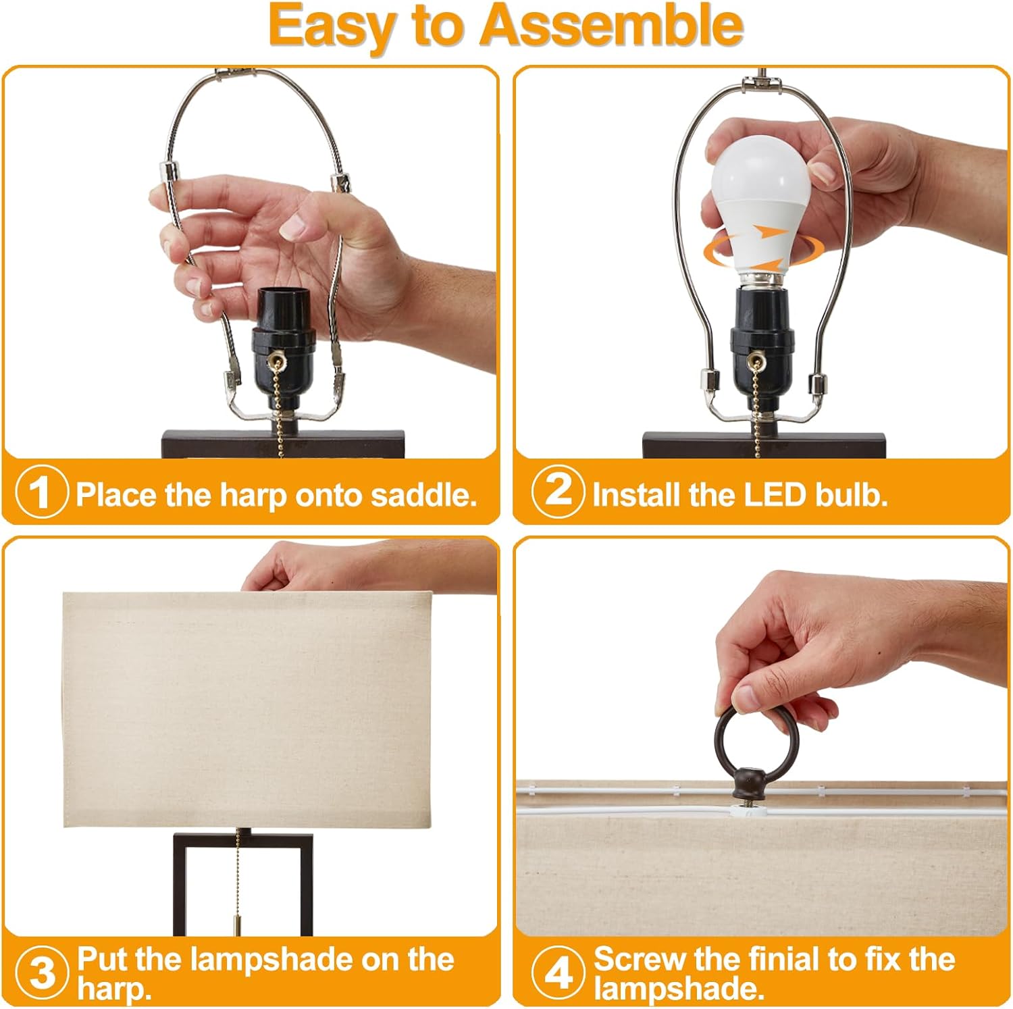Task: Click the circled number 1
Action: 42,493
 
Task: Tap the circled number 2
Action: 558,491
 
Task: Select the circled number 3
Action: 42,972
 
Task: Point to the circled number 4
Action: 558,973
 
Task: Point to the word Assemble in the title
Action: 611,26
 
